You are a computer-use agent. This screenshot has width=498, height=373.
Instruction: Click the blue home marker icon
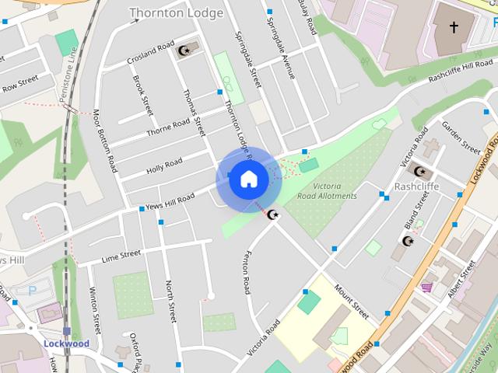248,180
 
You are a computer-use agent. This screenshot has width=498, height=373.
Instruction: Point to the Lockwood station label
67,343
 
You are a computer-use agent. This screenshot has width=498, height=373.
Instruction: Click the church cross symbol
454,28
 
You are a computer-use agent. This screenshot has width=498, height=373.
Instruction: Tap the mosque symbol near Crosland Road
184,51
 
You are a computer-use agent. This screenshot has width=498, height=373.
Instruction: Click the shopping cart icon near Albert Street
426,288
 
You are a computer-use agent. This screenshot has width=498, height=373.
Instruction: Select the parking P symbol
32,291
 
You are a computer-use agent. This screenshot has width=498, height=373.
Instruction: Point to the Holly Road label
164,166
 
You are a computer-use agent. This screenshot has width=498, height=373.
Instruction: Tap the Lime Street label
121,256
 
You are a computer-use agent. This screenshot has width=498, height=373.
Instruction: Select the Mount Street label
351,302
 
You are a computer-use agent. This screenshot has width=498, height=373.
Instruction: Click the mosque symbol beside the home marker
272,214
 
